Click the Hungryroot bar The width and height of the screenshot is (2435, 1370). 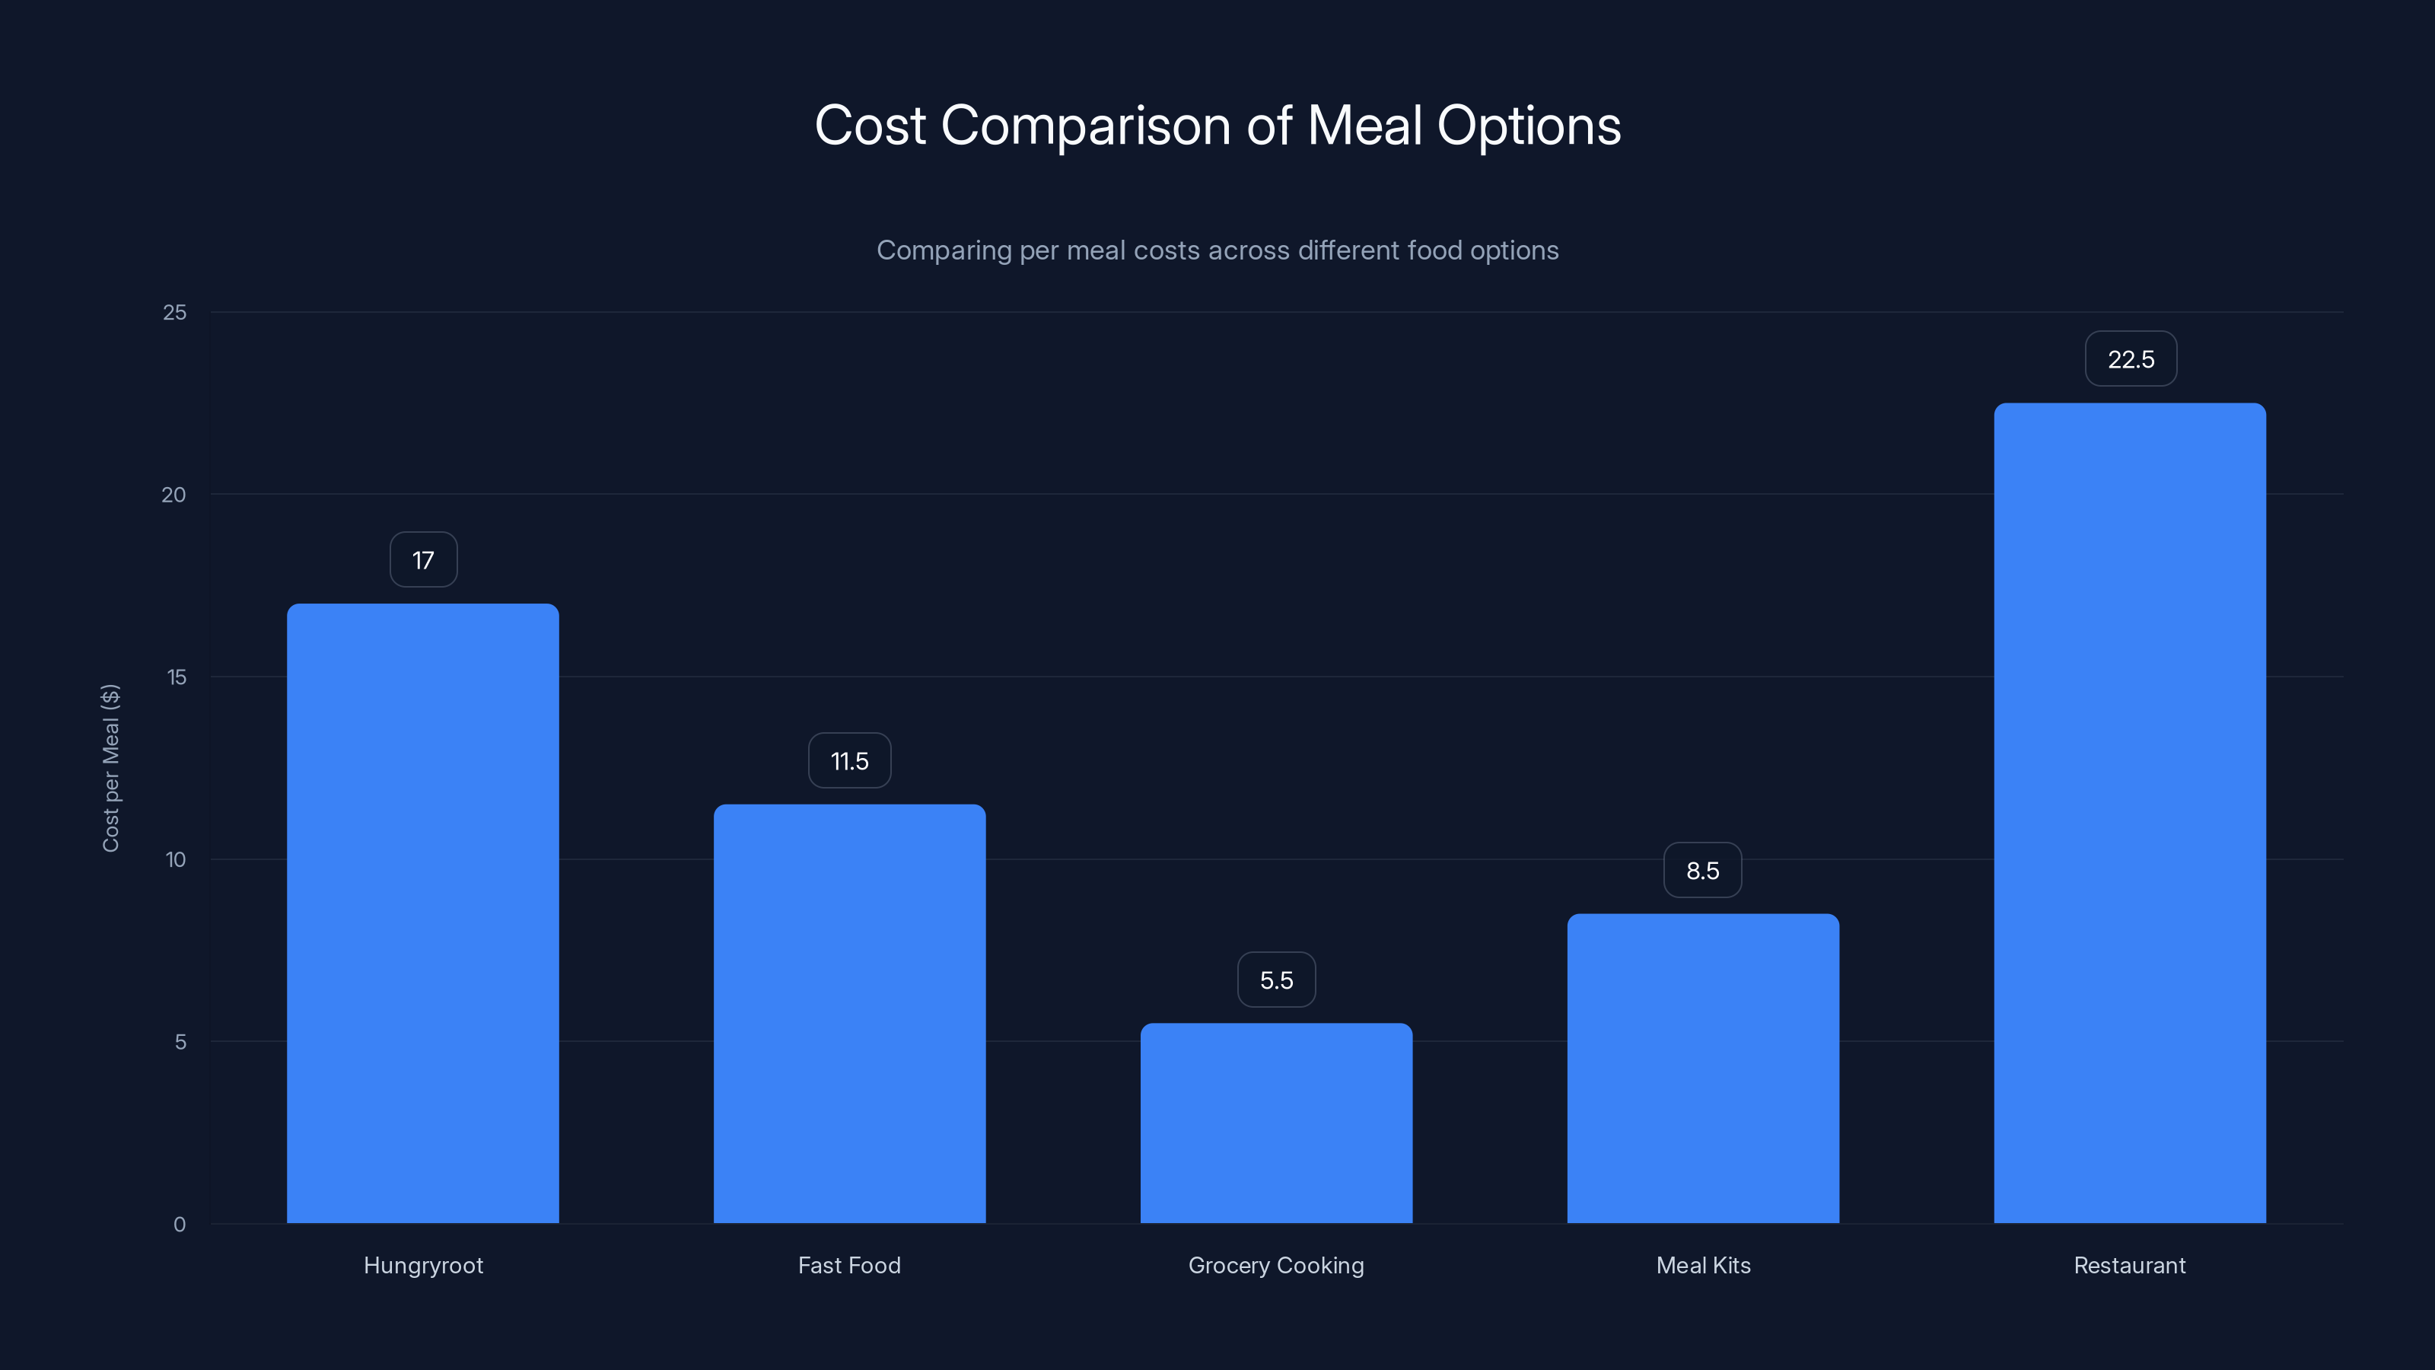[422, 913]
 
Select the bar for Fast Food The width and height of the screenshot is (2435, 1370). [849, 1014]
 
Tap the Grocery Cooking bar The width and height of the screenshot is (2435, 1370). [1276, 1123]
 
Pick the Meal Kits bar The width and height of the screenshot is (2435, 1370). [1702, 1069]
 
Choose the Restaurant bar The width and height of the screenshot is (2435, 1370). [2130, 813]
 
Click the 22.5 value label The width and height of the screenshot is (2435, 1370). [2131, 359]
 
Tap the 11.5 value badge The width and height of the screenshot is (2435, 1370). [849, 761]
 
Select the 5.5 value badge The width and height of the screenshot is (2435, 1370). [1276, 980]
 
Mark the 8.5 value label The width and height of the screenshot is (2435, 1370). [1702, 871]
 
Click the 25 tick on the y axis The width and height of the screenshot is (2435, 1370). [175, 313]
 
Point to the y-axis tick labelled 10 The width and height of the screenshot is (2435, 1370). [176, 859]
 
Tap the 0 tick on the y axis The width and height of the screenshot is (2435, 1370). [180, 1225]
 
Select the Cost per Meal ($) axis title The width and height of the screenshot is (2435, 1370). [110, 768]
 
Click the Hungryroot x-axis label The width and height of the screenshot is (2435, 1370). [422, 1266]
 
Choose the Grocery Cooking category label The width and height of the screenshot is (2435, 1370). [1276, 1266]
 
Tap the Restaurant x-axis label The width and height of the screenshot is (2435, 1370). [2130, 1266]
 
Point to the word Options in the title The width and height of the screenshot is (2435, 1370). [1529, 126]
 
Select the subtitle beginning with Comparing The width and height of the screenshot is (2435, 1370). [1217, 250]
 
